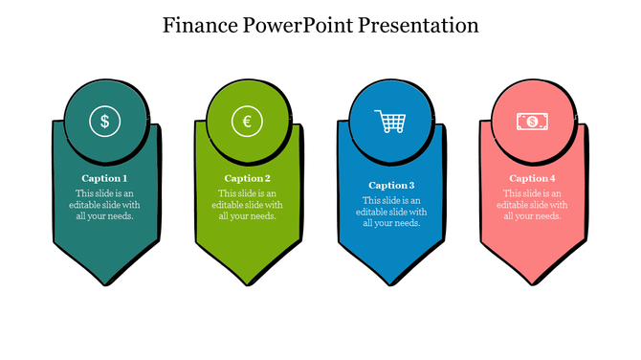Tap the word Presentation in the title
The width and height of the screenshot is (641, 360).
click(x=418, y=25)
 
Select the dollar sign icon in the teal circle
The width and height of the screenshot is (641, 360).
click(x=104, y=122)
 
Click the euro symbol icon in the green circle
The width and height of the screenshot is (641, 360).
click(x=247, y=122)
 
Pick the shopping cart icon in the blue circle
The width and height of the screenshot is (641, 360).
click(x=390, y=122)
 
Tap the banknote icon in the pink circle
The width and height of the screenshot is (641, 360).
click(x=531, y=122)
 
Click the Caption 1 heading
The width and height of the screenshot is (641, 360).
click(x=104, y=178)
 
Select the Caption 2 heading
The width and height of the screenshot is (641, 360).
click(x=247, y=178)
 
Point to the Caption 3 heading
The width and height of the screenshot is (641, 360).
click(x=391, y=186)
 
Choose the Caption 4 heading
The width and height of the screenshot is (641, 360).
click(x=532, y=178)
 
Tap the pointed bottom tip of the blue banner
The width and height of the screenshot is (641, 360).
click(x=391, y=283)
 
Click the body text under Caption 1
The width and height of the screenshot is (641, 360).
click(x=104, y=204)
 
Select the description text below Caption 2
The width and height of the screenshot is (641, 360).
click(x=247, y=204)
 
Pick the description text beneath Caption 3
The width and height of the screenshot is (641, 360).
click(x=391, y=212)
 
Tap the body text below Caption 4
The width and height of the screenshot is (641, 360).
click(x=532, y=204)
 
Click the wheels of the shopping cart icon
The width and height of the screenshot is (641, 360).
click(x=392, y=131)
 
